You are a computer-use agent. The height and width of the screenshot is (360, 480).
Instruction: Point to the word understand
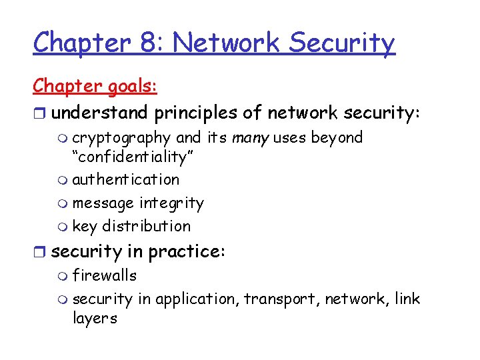pos(99,113)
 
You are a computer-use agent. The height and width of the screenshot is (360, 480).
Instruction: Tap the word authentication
pos(126,179)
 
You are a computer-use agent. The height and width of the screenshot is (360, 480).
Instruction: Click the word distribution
pos(147,226)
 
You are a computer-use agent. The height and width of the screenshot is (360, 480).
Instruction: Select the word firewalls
pos(105,275)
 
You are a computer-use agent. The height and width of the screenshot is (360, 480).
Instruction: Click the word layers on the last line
pos(95,319)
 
